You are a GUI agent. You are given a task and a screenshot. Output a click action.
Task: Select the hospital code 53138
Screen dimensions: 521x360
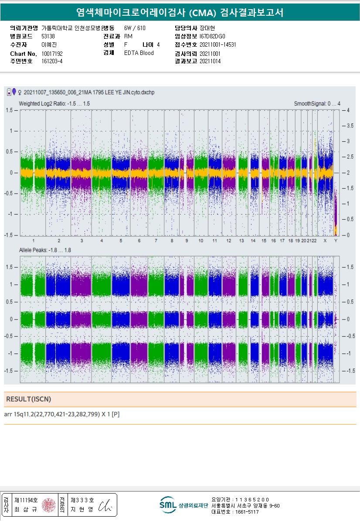48,37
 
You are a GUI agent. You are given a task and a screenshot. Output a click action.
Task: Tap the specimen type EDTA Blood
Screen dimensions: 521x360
139,53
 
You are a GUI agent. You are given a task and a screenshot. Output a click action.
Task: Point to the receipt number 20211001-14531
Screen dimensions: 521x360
218,44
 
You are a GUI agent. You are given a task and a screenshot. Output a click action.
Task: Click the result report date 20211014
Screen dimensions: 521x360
210,61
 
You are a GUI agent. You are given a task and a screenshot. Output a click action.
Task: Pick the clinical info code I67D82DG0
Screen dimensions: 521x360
213,37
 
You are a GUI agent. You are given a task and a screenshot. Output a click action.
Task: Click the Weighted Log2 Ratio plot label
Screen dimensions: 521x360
54,104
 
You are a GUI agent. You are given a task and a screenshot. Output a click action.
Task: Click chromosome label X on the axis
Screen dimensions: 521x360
325,241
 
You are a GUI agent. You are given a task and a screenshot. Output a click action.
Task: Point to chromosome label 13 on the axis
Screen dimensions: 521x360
241,241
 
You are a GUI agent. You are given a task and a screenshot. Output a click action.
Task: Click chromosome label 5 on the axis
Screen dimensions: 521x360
121,241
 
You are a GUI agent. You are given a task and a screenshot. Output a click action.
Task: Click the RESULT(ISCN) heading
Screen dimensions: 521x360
28,399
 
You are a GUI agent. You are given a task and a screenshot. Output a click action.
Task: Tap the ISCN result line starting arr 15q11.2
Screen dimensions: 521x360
62,414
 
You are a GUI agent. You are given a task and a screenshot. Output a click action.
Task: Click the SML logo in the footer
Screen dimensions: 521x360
168,505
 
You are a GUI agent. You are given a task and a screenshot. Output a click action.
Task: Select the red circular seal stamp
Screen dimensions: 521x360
48,505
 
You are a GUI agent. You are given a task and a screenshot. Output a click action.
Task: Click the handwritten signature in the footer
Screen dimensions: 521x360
105,505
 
